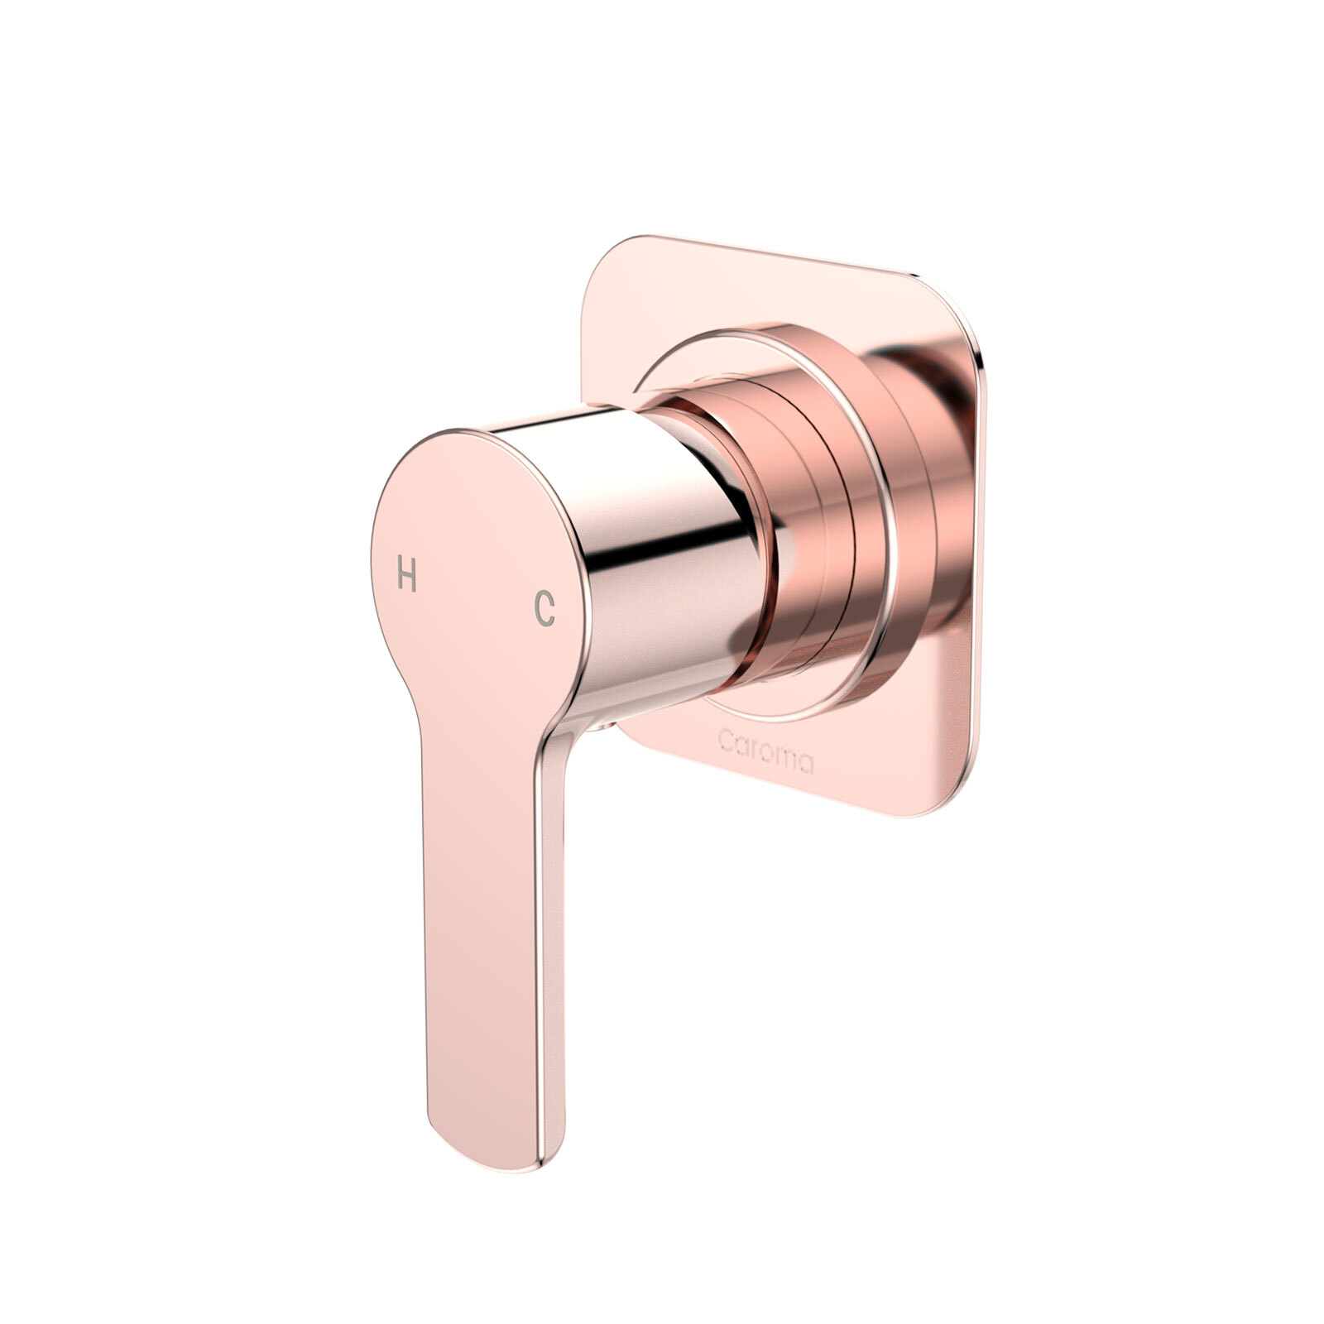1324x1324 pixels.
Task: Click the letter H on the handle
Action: tap(406, 573)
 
